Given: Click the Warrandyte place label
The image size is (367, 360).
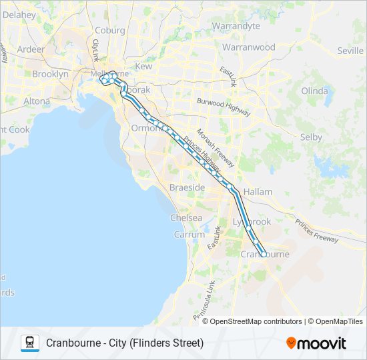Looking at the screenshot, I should point(236,26).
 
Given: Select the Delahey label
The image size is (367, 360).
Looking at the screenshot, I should point(19,14).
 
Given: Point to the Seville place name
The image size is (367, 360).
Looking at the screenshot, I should point(350,51).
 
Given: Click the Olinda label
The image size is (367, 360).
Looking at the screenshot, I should point(315,91).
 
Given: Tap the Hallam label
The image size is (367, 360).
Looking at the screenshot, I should point(258,192).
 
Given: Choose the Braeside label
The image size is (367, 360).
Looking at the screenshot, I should point(188,188).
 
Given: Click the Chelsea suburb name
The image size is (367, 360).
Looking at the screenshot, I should point(186,218).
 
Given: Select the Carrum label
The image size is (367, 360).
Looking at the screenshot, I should point(190,235).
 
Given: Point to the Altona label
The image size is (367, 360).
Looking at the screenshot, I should point(37,101).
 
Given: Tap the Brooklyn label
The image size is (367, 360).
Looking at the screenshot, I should point(50,75).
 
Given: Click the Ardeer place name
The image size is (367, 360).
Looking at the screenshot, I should point(31,49).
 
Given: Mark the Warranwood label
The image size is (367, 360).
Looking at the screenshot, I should point(249,48).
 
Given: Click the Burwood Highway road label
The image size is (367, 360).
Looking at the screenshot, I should point(223,107).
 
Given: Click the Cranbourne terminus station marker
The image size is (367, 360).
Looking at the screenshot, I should point(264,254).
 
